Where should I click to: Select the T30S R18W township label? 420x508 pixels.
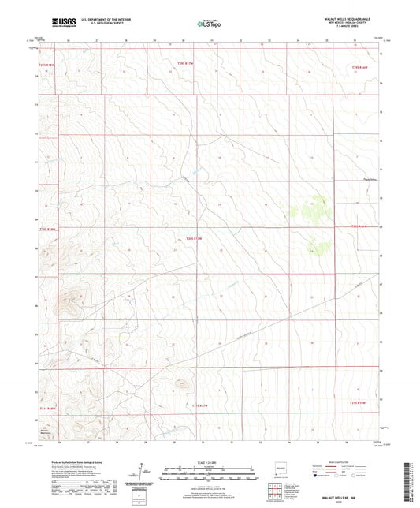coord(49,230)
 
